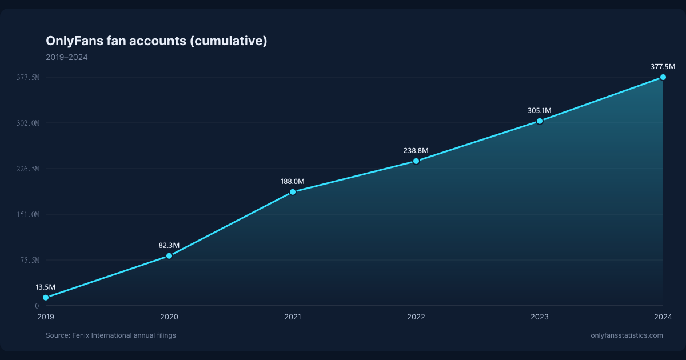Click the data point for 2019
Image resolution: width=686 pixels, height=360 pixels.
coord(46,298)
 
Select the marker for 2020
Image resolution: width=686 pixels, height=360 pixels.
coord(169,256)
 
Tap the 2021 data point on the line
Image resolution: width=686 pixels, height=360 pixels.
coord(293,192)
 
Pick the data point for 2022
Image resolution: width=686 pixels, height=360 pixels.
coord(416,161)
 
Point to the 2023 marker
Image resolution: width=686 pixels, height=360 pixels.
coord(540,121)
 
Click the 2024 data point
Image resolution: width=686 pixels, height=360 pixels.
coord(663,77)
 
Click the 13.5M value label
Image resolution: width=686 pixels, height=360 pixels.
coord(46,287)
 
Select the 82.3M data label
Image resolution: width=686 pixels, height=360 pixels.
coord(169,246)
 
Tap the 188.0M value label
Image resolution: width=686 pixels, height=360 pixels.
coord(293,182)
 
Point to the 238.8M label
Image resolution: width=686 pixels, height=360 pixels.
coord(416,151)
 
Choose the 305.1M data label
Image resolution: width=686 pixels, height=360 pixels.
coord(539,110)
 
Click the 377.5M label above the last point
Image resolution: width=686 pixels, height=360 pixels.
coord(663,67)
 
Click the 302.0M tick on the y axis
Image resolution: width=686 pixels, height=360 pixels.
coord(28,123)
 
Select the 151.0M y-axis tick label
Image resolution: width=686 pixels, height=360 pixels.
coord(28,215)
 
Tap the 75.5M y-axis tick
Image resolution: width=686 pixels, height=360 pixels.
coord(30,260)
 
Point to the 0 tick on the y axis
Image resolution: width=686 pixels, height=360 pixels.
coord(37,306)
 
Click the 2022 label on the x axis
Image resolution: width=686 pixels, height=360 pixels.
coord(416,317)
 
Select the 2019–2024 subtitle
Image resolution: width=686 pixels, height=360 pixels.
coord(67,57)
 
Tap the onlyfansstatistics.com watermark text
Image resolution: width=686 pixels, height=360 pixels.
coord(627,335)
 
